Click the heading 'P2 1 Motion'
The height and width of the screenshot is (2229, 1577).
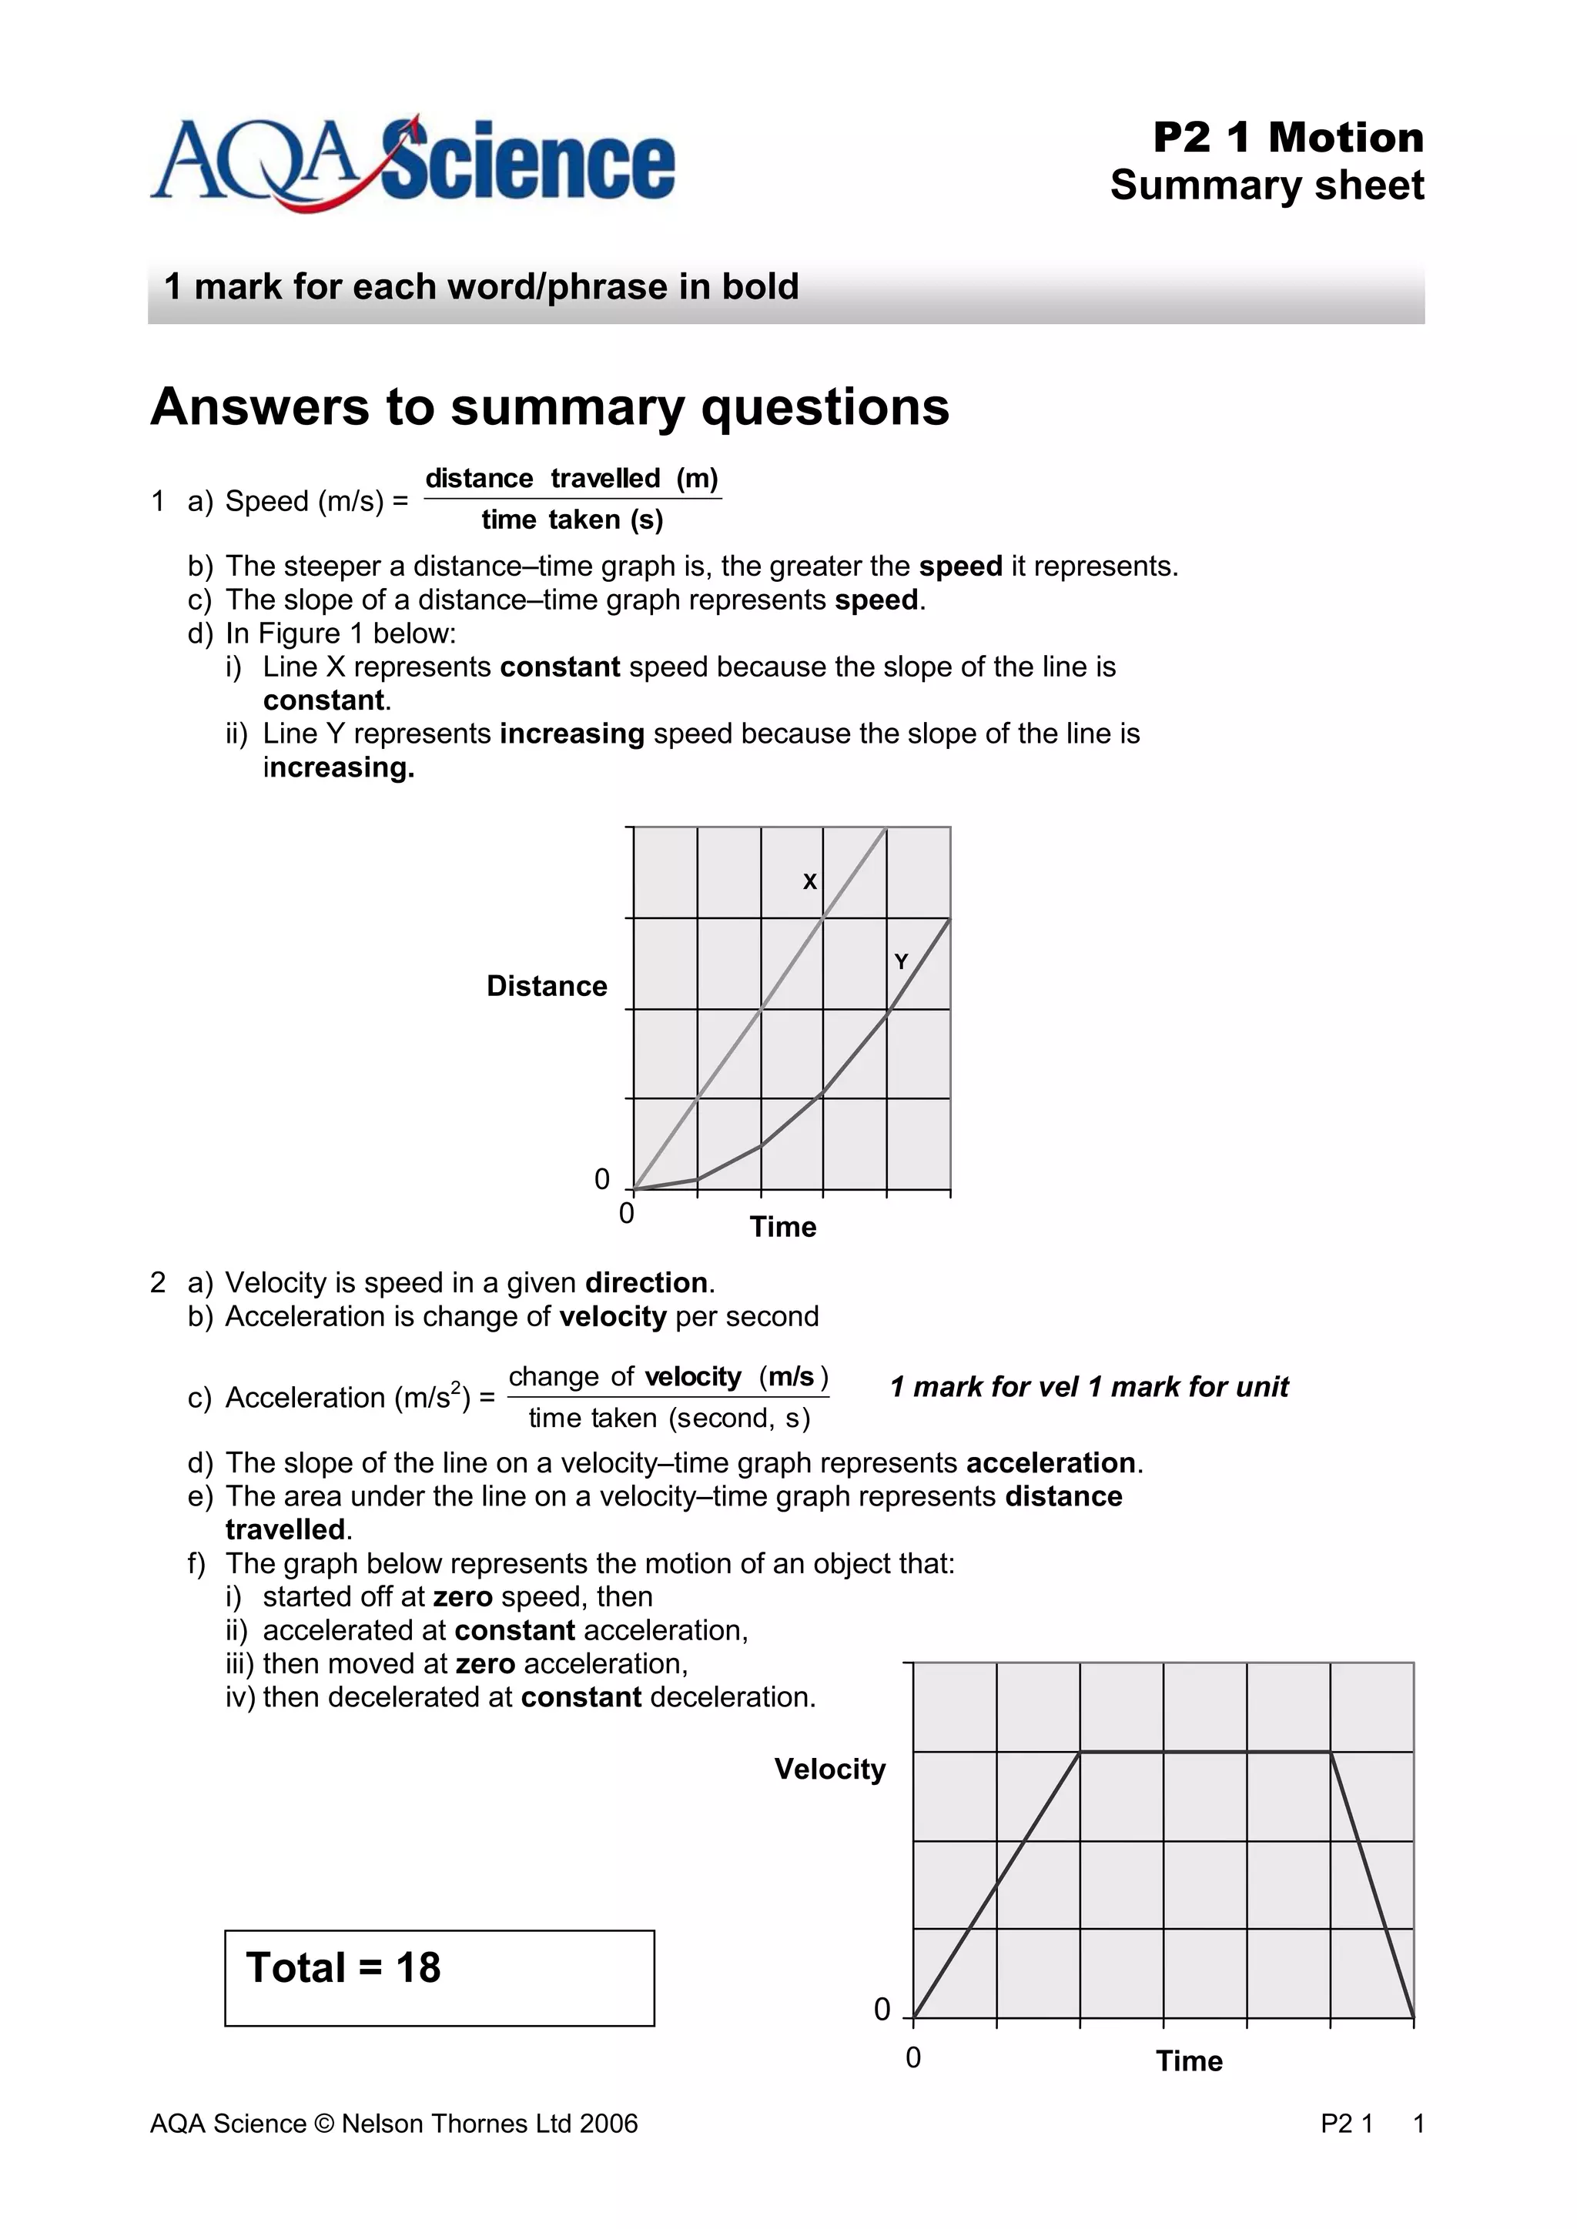pos(1287,138)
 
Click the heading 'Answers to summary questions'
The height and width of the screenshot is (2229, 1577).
pos(550,406)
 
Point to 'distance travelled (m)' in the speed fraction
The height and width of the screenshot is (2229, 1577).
pos(571,479)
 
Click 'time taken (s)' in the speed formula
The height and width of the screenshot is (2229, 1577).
pos(572,520)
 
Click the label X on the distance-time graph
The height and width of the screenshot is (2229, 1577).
pos(809,881)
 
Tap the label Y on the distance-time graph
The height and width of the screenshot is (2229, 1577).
pos(900,962)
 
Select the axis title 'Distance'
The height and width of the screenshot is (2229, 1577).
pos(546,987)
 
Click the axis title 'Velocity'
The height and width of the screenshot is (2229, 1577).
pos(829,1769)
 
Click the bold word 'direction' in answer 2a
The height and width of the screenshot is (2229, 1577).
pos(646,1283)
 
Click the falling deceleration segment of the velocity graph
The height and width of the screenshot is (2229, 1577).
pos(1371,1883)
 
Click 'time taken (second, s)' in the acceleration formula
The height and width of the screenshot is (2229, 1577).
pos(668,1419)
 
